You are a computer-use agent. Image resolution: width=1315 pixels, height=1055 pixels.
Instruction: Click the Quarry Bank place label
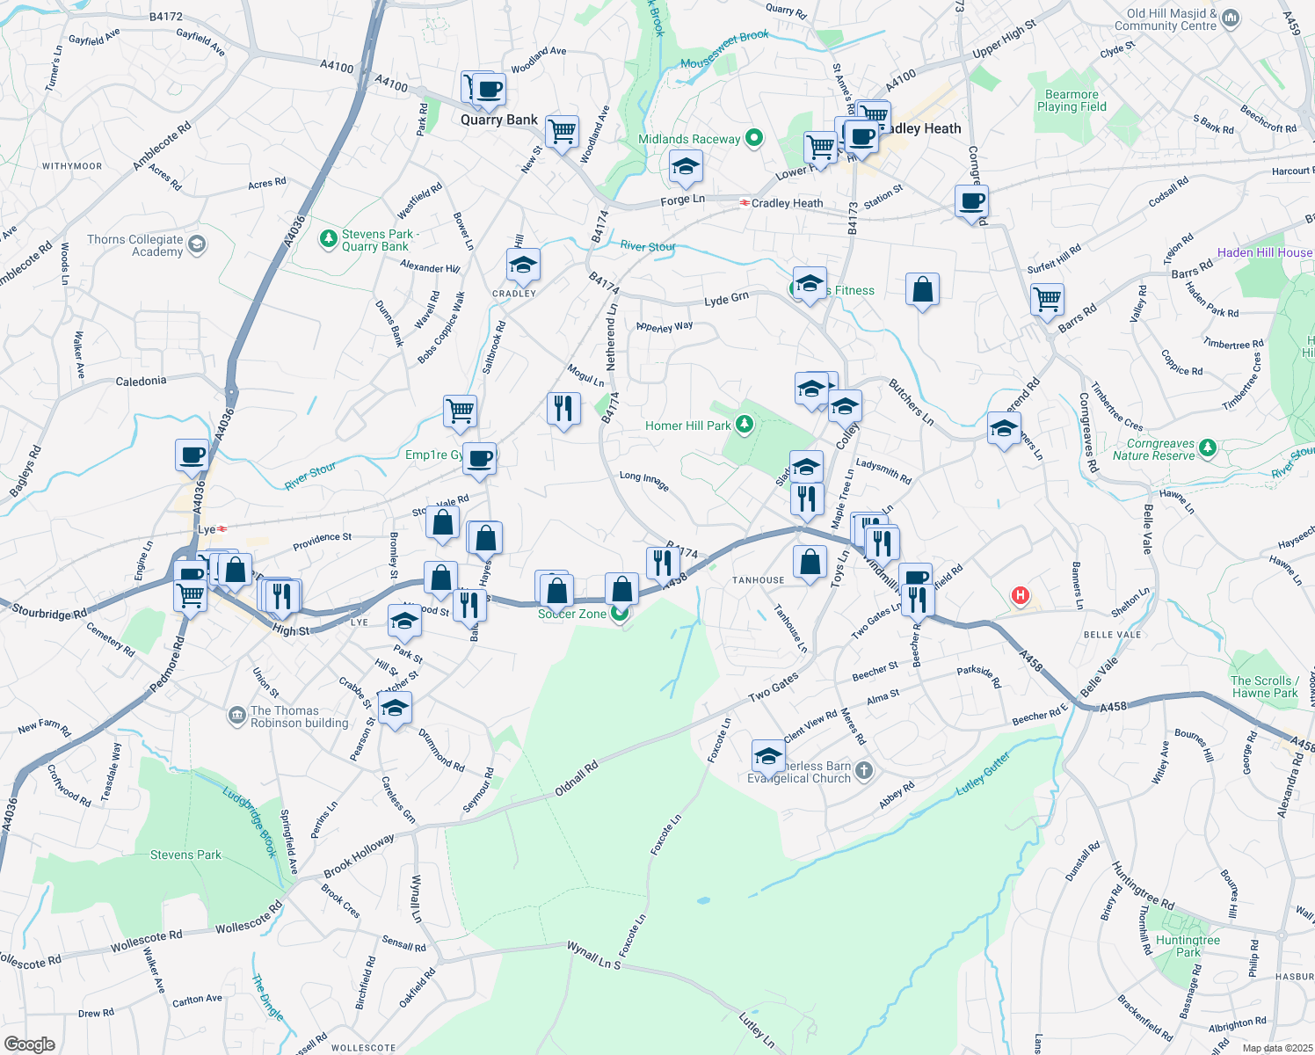499,120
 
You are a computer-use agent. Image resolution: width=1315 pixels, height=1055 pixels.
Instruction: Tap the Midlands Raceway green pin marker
753,138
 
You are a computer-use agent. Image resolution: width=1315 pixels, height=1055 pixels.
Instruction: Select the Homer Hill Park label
687,426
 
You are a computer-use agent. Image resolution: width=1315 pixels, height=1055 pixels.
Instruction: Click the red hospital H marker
1020,596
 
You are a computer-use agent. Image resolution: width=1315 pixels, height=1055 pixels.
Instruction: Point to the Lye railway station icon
222,529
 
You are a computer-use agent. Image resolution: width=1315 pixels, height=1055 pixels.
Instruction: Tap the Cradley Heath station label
787,203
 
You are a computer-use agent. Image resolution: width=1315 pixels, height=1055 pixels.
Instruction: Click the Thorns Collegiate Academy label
135,245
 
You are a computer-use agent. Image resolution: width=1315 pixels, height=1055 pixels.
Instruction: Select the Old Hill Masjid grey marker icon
1231,18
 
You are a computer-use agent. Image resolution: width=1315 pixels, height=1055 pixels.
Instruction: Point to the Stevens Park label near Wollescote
185,855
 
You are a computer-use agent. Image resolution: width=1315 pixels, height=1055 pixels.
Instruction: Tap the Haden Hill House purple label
1264,252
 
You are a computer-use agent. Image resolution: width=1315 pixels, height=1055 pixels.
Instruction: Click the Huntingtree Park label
1188,946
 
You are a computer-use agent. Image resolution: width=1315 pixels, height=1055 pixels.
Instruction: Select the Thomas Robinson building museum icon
236,716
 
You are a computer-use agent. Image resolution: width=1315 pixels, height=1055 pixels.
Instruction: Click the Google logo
29,1044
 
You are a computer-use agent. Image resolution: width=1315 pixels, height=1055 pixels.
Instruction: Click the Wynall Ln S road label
593,956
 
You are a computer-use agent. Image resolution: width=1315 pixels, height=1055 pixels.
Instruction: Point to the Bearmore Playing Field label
1072,100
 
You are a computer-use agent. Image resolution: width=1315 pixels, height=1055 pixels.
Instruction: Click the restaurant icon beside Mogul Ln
563,408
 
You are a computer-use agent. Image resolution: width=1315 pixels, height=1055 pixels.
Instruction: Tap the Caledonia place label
141,382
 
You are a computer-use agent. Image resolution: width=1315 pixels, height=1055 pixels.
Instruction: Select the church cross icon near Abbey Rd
864,771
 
